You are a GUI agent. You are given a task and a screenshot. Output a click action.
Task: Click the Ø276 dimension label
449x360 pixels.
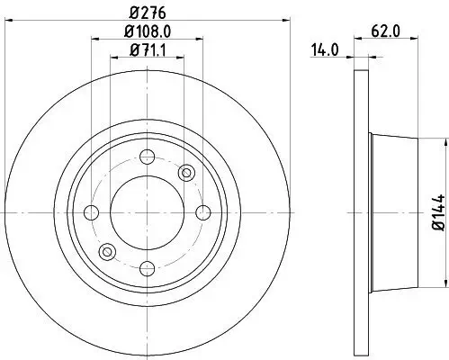147,13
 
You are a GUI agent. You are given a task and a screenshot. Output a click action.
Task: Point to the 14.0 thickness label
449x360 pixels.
325,51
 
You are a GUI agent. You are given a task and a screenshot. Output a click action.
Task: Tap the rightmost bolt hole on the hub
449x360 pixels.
203,212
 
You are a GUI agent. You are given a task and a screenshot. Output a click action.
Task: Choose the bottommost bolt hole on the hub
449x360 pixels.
146,267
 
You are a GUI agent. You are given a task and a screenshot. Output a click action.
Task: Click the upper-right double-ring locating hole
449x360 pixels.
187,172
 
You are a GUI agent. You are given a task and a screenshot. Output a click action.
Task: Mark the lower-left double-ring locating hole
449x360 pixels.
107,252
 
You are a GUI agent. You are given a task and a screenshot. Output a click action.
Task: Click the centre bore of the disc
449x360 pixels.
146,212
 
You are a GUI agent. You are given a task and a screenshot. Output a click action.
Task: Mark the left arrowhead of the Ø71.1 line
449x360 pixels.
113,57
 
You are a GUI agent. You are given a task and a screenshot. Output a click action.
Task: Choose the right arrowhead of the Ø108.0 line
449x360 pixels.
199,38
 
